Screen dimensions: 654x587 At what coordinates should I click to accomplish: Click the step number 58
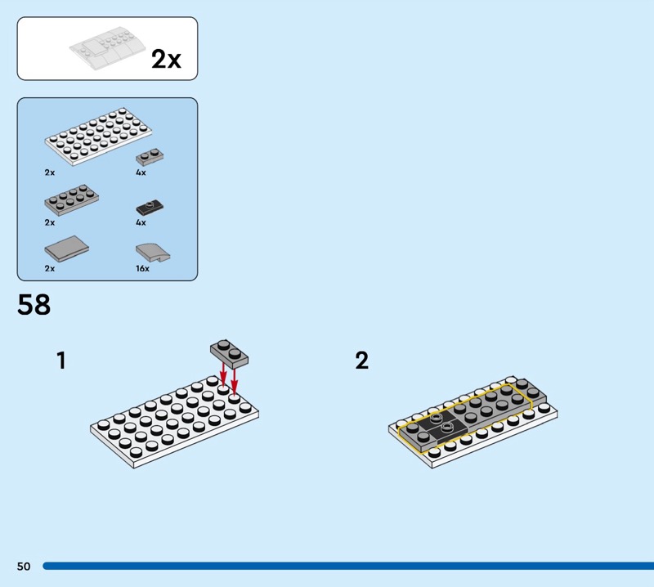tap(34, 304)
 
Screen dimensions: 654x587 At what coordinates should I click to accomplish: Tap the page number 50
tap(24, 566)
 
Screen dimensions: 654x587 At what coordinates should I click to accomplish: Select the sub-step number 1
tap(61, 361)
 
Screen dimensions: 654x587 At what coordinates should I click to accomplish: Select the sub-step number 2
tap(362, 361)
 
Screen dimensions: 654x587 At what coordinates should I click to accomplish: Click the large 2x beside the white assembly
tap(166, 59)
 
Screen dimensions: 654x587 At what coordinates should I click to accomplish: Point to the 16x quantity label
tap(142, 269)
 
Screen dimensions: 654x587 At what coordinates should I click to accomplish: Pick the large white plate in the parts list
tap(98, 137)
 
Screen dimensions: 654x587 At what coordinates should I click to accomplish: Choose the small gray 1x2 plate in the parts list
tap(150, 157)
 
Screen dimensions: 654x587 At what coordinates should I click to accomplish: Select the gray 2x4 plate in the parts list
tap(72, 200)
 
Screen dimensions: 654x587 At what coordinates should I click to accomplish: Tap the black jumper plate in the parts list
tap(150, 207)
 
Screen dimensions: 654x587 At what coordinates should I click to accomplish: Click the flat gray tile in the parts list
tap(67, 249)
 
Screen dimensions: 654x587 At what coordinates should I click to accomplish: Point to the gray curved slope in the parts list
tap(153, 253)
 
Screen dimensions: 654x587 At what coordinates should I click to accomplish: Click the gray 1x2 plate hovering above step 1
tap(229, 354)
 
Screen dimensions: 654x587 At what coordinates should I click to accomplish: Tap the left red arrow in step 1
tap(223, 374)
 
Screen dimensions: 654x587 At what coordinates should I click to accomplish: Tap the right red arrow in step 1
tap(235, 381)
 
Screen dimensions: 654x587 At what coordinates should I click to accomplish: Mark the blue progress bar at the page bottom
tap(348, 566)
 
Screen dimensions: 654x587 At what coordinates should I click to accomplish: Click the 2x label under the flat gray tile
tap(50, 269)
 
